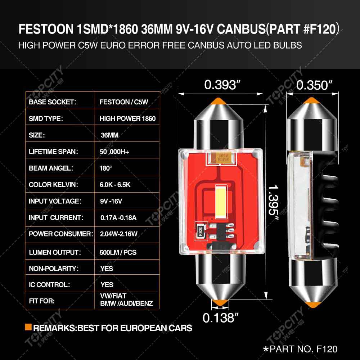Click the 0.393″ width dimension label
coord(222,85)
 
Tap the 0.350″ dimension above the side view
coord(314,85)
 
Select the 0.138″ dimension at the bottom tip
coord(221,318)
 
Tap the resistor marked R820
coord(201,229)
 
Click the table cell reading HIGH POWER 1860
coord(127,118)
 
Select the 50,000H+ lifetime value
coord(114,152)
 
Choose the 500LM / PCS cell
coord(118,252)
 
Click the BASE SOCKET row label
coord(53,102)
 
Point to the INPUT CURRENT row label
coord(56,217)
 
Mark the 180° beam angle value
coord(106,168)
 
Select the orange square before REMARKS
coord(28,328)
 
